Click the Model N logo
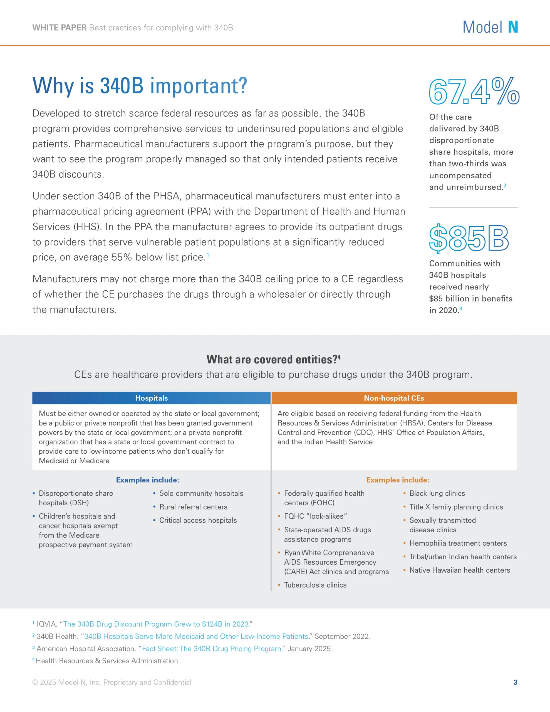(490, 27)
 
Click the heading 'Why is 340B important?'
(140, 86)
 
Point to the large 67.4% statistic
(474, 92)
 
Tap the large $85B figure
(469, 238)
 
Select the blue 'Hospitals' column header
(152, 398)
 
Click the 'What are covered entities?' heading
(274, 359)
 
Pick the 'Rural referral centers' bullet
(193, 507)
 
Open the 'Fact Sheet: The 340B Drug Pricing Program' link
(212, 649)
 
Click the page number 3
(516, 682)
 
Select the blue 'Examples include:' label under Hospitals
(148, 480)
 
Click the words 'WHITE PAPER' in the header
(59, 28)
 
